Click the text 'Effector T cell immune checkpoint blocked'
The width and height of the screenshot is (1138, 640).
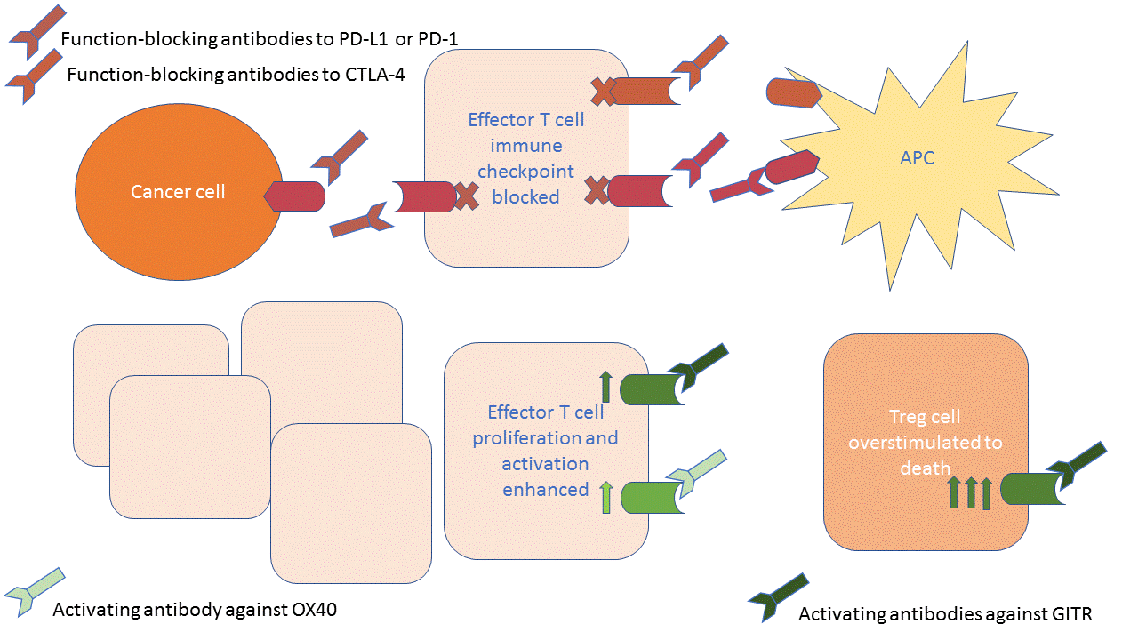point(526,158)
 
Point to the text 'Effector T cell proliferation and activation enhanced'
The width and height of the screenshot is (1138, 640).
point(546,451)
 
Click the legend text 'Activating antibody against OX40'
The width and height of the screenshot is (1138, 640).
point(195,610)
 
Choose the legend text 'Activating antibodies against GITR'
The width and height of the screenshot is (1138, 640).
point(944,613)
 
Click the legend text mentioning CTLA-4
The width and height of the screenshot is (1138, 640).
point(236,75)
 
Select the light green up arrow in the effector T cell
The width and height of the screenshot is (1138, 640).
point(606,497)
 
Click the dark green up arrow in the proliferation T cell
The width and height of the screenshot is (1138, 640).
point(605,388)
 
